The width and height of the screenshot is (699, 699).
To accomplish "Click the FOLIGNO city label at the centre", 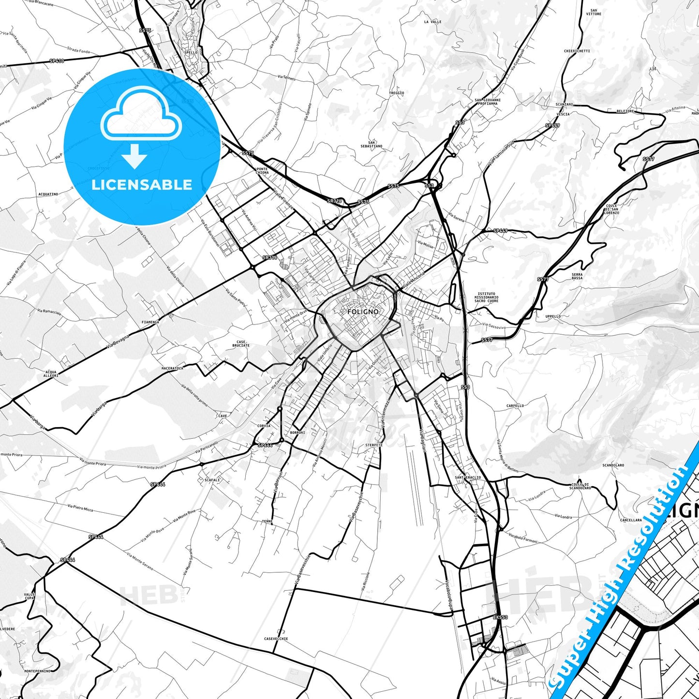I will coord(363,312).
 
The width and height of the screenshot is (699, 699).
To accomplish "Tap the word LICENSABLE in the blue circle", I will coord(142,185).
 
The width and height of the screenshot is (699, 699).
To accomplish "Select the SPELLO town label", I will coord(191,53).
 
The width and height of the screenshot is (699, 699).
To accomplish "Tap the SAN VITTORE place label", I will coord(594,12).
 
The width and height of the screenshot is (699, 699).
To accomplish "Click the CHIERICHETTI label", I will coord(577,51).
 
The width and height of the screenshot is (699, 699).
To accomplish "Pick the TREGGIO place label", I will coord(396,93).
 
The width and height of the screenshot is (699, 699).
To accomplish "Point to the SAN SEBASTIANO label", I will coord(371,144).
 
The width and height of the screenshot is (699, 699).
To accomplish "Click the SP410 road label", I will coord(57,61).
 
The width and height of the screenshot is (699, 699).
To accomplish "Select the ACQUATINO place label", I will coord(48,194).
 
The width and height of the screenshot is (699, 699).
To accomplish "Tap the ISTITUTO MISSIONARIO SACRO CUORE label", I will coord(486,297).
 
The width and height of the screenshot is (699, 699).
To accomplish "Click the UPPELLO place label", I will coord(553,316).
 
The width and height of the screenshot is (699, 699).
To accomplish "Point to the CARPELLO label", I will coord(515,406).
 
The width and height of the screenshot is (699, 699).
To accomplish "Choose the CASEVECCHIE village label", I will coord(276,639).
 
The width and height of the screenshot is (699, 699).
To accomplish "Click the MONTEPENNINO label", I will coord(37,671).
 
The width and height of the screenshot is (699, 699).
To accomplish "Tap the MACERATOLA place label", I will coord(172,368).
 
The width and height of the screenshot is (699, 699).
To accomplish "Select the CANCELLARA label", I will coord(631,520).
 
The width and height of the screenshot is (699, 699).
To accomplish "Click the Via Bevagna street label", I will coord(119,341).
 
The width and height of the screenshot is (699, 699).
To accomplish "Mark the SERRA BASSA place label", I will coord(577,276).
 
